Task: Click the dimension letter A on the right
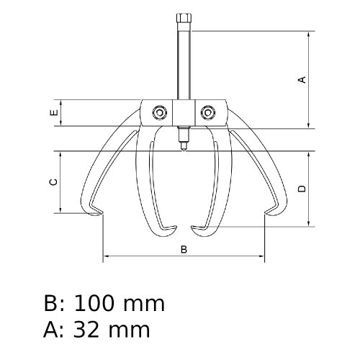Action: click(302, 79)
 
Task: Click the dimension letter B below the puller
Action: click(184, 249)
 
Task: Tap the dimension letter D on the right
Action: click(302, 189)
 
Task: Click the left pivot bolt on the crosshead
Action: click(157, 112)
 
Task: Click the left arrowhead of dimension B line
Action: click(106, 256)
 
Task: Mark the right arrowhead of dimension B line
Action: click(263, 256)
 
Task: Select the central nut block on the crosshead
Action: click(184, 113)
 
